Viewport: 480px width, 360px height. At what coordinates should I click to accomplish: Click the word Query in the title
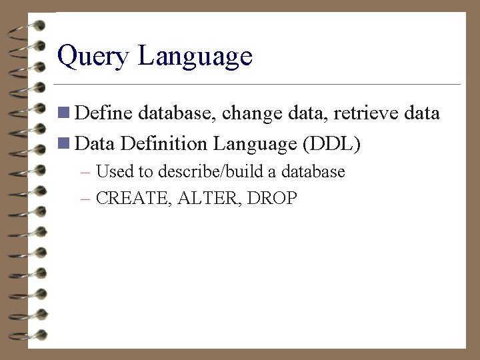click(x=94, y=57)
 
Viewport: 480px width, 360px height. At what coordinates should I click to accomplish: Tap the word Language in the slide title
click(x=195, y=57)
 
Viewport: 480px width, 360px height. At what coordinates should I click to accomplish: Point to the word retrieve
click(x=365, y=114)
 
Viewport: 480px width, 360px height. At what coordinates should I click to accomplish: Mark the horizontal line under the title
click(x=257, y=85)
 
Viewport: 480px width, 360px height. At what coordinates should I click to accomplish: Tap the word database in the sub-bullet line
click(x=313, y=172)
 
